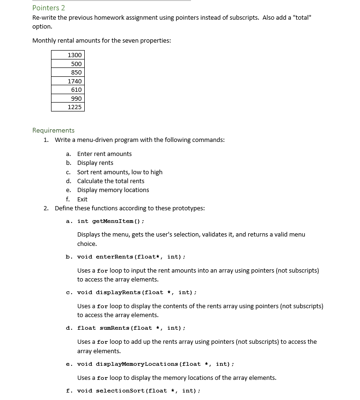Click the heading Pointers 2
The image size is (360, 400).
click(x=49, y=7)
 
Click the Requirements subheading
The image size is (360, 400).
click(x=53, y=130)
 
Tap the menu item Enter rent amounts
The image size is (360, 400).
click(x=104, y=154)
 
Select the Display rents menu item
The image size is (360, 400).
click(x=95, y=163)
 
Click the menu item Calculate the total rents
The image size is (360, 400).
click(x=110, y=181)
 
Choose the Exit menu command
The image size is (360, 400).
click(x=82, y=199)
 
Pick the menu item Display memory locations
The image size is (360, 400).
click(x=113, y=190)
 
